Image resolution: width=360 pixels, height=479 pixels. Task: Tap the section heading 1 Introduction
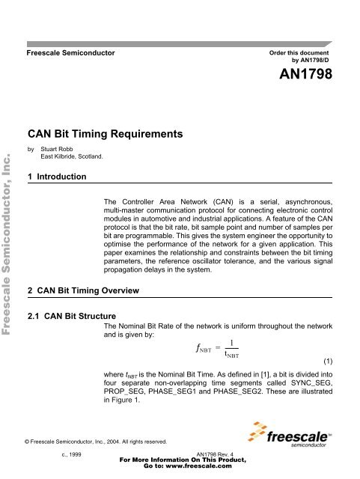tap(55, 176)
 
